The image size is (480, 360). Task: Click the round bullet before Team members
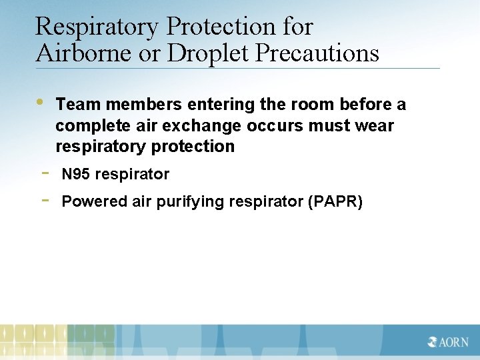click(x=40, y=102)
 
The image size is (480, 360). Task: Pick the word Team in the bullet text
click(x=78, y=105)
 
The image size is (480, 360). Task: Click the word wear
click(x=375, y=126)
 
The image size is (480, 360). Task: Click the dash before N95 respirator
click(x=44, y=173)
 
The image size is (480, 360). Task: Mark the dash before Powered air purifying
click(x=44, y=199)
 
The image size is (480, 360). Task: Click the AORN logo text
click(x=449, y=342)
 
